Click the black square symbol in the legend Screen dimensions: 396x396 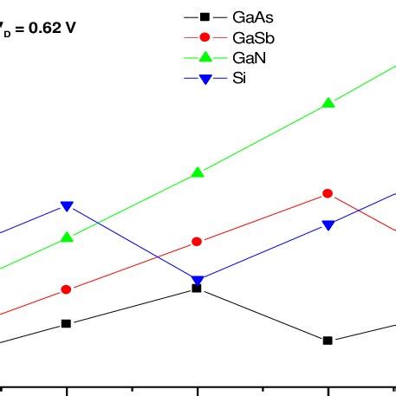coord(205,16)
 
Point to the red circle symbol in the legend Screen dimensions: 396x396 coord(205,38)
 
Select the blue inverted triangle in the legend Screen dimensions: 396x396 coord(205,80)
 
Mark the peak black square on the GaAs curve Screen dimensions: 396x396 coord(198,289)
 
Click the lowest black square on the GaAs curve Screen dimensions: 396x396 coord(328,341)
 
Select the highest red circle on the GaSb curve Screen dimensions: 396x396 coord(328,193)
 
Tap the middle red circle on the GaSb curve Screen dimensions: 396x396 coord(198,241)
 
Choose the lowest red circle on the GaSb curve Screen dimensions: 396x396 coord(67,289)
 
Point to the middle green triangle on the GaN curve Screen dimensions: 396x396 coord(198,172)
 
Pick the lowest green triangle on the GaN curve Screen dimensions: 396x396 coord(67,237)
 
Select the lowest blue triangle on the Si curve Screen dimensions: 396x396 coord(198,281)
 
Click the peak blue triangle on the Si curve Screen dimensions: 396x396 coord(67,206)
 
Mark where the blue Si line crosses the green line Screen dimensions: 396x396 coord(95,224)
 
